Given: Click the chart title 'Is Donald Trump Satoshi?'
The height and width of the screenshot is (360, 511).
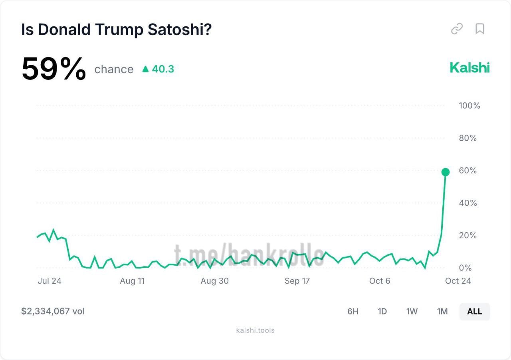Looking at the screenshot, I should [x=116, y=30].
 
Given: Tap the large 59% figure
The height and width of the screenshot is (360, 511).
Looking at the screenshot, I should [x=53, y=69].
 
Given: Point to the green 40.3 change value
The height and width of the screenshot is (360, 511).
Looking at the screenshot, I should [x=158, y=69].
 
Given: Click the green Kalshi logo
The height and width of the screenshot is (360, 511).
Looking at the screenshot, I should [x=469, y=68].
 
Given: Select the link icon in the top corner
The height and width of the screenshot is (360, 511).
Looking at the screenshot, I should [x=457, y=29].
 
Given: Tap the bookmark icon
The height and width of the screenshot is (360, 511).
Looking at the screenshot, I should [x=479, y=29].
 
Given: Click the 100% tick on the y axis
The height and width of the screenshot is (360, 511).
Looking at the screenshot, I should [x=469, y=106].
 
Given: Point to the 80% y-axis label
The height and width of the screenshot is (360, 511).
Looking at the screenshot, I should [x=468, y=138].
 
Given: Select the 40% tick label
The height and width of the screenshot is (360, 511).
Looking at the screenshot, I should [x=468, y=203].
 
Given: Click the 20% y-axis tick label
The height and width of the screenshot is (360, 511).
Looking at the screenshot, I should [x=468, y=235].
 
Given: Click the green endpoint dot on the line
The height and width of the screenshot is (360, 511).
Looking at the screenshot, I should [x=446, y=172].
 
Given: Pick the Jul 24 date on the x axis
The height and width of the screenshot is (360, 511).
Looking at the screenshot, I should [x=50, y=281].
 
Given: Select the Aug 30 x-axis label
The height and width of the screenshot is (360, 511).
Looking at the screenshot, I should [x=214, y=281].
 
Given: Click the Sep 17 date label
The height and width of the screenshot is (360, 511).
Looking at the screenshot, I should [x=297, y=281].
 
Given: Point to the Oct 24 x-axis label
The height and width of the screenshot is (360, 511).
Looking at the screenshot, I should [x=458, y=281].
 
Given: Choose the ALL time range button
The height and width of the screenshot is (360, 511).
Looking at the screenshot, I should [x=474, y=312].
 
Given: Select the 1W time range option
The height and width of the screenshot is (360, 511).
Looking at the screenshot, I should [x=412, y=312].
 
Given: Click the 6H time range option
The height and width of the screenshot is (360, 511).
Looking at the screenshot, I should [x=353, y=312].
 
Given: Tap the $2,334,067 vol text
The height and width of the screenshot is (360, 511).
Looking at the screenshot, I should [x=53, y=311].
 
